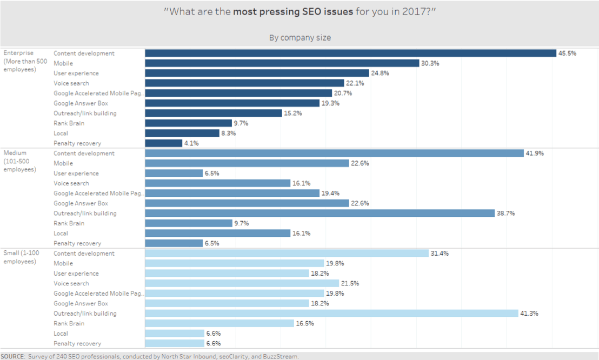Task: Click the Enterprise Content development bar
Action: coord(350,53)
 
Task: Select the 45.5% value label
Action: coord(567,53)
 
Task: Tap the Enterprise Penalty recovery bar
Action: coord(163,143)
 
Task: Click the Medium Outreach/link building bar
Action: coord(320,214)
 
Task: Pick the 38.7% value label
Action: coord(506,214)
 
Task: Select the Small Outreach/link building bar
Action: coord(331,314)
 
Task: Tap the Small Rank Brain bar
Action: coord(219,323)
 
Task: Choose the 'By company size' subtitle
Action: coord(299,38)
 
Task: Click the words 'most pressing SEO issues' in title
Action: coord(293,11)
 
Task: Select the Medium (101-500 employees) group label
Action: coord(20,161)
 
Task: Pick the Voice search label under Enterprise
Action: coord(71,83)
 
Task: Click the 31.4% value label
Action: coord(439,254)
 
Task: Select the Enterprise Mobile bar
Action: coord(282,63)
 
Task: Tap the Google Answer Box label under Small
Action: coord(81,304)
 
